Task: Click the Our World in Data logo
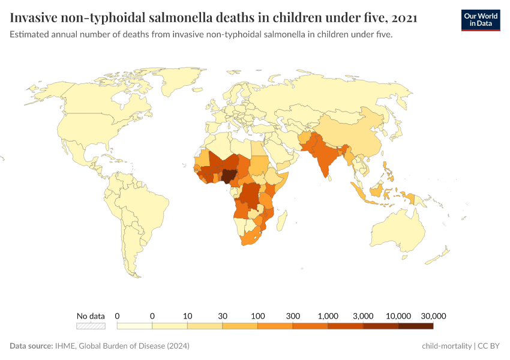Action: (480, 20)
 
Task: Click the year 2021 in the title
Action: (404, 18)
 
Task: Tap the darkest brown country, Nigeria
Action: (229, 175)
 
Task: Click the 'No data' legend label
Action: (91, 316)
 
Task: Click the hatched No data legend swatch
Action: (91, 326)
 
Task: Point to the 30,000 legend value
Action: (433, 316)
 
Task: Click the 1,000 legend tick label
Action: (328, 316)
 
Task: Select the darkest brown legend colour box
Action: (415, 326)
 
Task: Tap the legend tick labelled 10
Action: (187, 316)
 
